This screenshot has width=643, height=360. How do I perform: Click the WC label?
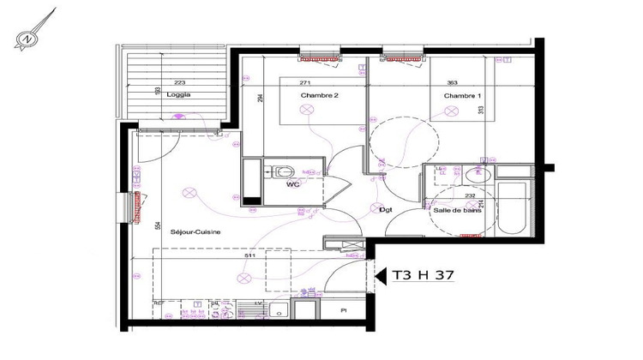pos(292,183)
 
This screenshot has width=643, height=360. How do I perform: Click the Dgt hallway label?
pos(386,210)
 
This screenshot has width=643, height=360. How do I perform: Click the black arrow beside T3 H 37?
pos(382,275)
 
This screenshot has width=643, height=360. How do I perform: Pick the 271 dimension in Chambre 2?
pos(305,82)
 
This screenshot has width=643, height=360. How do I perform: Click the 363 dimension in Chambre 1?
pos(451,83)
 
